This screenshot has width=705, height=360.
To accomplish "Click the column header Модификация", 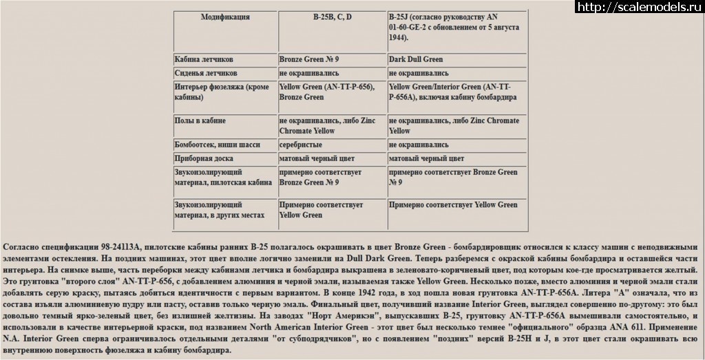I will click(x=224, y=17).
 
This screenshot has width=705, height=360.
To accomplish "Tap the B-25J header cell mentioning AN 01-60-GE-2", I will click(x=453, y=27).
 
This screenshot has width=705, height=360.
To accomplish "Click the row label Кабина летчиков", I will click(x=204, y=60).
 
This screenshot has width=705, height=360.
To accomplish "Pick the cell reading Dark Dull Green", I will click(x=415, y=60).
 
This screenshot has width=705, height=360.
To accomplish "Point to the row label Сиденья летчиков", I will click(x=205, y=73).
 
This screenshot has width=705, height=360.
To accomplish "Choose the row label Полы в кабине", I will click(x=200, y=120).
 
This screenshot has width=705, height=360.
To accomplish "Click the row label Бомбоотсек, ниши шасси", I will click(x=214, y=145).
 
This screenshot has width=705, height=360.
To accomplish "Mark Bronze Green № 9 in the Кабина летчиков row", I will click(x=309, y=60).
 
